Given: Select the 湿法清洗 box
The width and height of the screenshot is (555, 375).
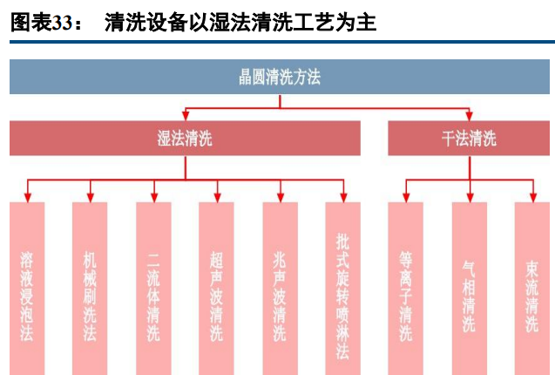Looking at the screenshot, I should [x=185, y=138].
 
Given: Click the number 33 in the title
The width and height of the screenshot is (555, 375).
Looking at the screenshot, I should [x=61, y=24].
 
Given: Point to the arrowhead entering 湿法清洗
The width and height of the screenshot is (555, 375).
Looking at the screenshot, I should [x=185, y=116].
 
